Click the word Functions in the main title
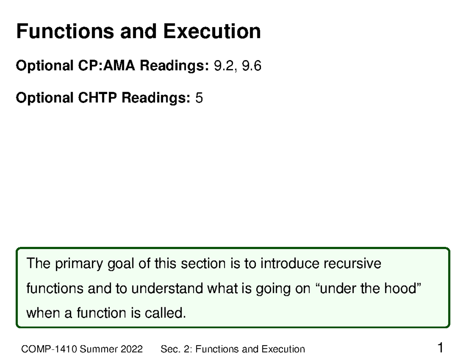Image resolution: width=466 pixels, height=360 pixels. (64, 31)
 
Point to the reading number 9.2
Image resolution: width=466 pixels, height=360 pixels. (223, 67)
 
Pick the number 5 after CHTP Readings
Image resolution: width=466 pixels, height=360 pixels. (199, 98)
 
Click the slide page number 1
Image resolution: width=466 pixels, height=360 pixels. (440, 348)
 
